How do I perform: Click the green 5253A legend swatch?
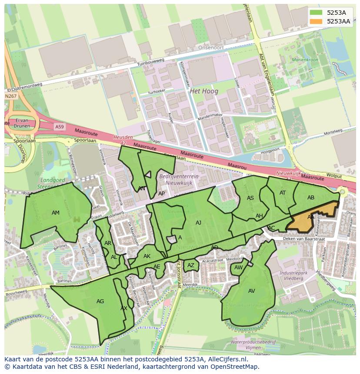(x=317, y=13)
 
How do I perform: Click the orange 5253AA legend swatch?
(x=317, y=21)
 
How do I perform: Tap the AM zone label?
(x=56, y=213)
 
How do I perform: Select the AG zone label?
(x=100, y=301)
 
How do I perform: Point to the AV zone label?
(x=252, y=291)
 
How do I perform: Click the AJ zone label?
(x=198, y=223)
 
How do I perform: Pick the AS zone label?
(x=250, y=198)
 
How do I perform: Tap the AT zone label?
(x=283, y=193)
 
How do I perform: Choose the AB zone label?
(x=311, y=198)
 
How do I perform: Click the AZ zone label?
(x=191, y=265)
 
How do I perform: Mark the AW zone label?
(x=238, y=268)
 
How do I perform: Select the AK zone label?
(x=147, y=256)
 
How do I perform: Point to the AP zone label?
(x=161, y=194)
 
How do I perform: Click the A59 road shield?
(x=60, y=126)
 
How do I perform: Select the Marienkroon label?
(x=305, y=60)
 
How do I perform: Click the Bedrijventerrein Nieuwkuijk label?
(x=179, y=179)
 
